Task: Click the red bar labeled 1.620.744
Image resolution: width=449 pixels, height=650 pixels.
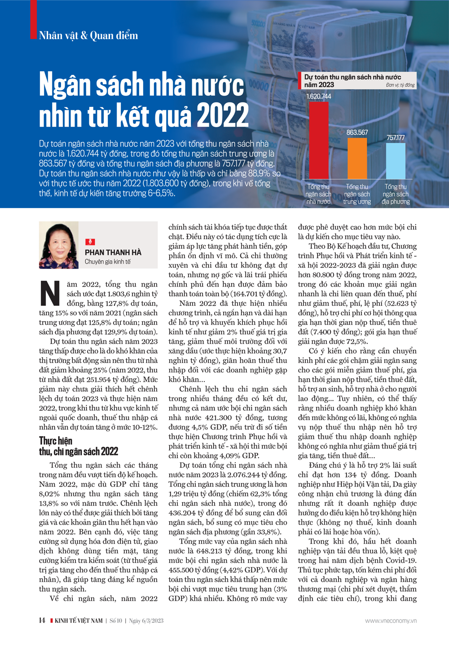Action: pyautogui.click(x=318, y=140)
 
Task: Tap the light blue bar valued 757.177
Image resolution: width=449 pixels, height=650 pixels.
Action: pyautogui.click(x=396, y=161)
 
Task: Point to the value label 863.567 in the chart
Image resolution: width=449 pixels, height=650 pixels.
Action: pyautogui.click(x=357, y=133)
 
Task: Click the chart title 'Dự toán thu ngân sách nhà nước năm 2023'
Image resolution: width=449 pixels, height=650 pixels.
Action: pyautogui.click(x=352, y=81)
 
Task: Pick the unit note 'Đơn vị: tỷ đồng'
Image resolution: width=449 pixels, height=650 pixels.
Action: pyautogui.click(x=400, y=85)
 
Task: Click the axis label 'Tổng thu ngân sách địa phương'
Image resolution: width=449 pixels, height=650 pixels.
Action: pyautogui.click(x=396, y=194)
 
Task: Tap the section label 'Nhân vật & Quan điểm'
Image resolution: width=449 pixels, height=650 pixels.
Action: pyautogui.click(x=88, y=35)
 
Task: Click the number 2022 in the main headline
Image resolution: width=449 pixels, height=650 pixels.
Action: pyautogui.click(x=223, y=116)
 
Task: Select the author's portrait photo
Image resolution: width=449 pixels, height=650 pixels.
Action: pyautogui.click(x=59, y=245)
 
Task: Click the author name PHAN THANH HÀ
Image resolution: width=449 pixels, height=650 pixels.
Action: pyautogui.click(x=113, y=252)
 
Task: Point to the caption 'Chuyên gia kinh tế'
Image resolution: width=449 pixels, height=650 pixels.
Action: pyautogui.click(x=108, y=262)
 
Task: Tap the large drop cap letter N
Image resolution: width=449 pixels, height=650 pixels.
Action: pyautogui.click(x=50, y=294)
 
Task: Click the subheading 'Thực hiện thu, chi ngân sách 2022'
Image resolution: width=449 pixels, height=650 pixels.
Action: pyautogui.click(x=79, y=446)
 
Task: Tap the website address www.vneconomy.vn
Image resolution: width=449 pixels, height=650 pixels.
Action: pyautogui.click(x=391, y=621)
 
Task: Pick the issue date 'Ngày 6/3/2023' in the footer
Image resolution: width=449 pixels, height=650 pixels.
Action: pyautogui.click(x=146, y=621)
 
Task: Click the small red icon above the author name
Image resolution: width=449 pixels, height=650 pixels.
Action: pyautogui.click(x=90, y=242)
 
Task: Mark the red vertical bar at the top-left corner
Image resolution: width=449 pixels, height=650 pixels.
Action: pyautogui.click(x=33, y=19)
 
